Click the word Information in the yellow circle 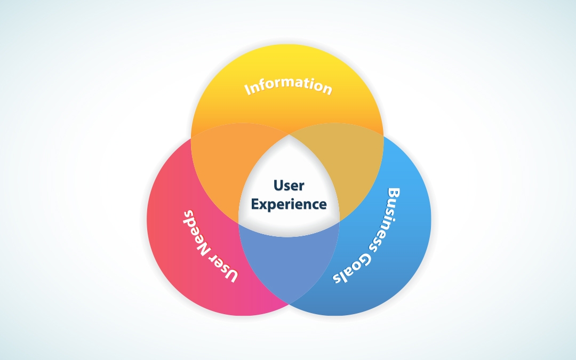coord(289,86)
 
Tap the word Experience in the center coord(289,205)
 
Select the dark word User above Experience coord(289,186)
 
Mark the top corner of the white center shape coord(289,135)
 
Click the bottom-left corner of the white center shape coord(239,222)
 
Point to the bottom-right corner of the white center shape coord(339,221)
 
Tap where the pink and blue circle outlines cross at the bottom coord(289,304)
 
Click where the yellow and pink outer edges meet coord(191,138)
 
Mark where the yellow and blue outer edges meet coord(383,137)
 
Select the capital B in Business coord(394,194)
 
